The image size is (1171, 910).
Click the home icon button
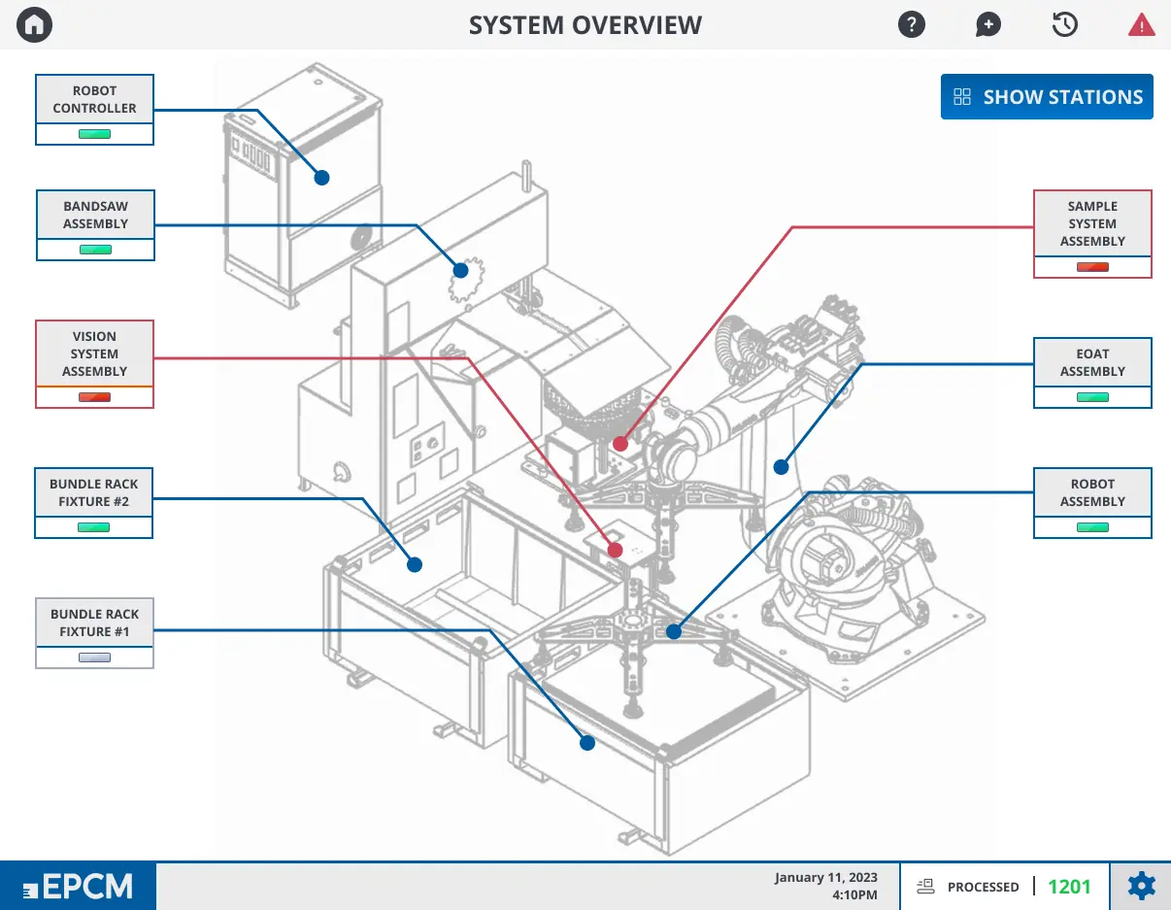[35, 25]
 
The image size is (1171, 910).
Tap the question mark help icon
[911, 25]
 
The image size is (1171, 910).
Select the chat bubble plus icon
[987, 25]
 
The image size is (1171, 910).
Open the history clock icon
[1064, 25]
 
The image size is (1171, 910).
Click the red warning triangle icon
[1141, 25]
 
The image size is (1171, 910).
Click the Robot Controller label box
[95, 99]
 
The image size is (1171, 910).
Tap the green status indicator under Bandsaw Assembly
[95, 250]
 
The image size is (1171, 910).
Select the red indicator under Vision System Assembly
[95, 397]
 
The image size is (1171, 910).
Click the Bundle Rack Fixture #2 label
[94, 492]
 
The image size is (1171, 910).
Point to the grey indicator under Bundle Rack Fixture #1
[95, 657]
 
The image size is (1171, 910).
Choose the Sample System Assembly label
[1092, 223]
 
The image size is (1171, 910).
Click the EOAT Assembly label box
[1092, 362]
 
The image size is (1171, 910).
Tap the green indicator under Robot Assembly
[1092, 527]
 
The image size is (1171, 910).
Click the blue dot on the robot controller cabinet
[321, 178]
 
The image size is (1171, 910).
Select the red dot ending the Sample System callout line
[620, 444]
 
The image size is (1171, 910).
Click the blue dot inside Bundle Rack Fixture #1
[587, 743]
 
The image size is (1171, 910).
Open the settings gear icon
[1141, 887]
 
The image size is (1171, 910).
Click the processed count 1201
[1069, 887]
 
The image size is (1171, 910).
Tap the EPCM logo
[78, 887]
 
